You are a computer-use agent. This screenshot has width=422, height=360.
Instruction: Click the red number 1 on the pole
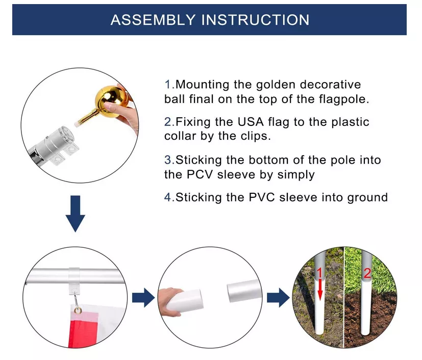pyautogui.click(x=320, y=273)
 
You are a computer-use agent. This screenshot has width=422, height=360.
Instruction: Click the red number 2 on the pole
pyautogui.click(x=366, y=273)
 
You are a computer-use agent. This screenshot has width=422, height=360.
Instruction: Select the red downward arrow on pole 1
pyautogui.click(x=320, y=290)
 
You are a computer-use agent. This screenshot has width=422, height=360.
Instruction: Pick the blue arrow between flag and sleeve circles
pyautogui.click(x=143, y=298)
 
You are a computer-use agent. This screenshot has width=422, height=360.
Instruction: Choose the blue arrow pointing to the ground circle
pyautogui.click(x=278, y=298)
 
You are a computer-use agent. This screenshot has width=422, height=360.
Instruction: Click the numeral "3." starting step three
pyautogui.click(x=169, y=160)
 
